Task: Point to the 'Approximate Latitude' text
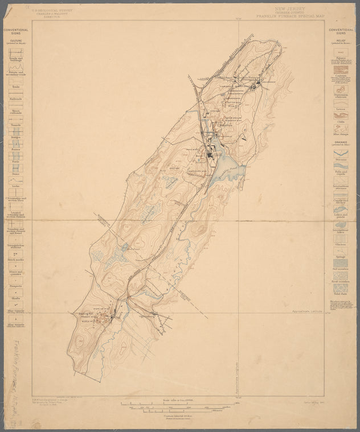[306, 311]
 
